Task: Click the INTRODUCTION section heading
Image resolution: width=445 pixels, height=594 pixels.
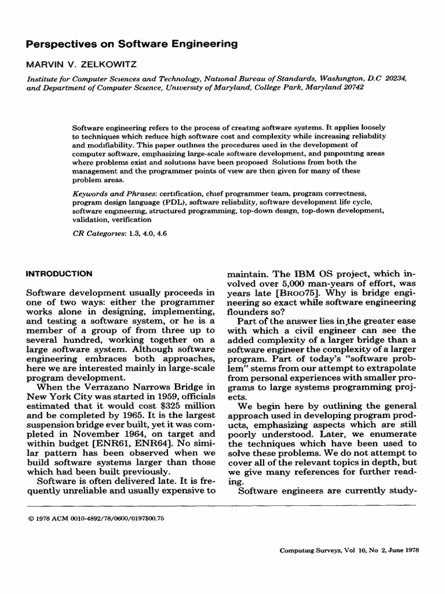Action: click(x=60, y=272)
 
